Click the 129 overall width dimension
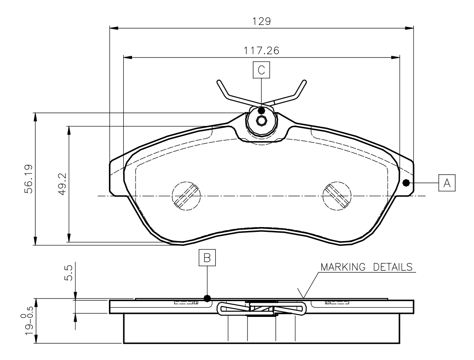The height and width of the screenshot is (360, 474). pyautogui.click(x=261, y=21)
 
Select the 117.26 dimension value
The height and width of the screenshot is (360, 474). pyautogui.click(x=261, y=50)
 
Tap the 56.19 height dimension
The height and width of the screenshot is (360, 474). pyautogui.click(x=29, y=179)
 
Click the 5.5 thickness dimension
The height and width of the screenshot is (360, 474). pyautogui.click(x=69, y=272)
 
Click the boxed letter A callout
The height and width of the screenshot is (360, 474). pyautogui.click(x=447, y=183)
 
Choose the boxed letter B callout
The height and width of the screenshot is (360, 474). pyautogui.click(x=207, y=258)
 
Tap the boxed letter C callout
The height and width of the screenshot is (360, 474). pyautogui.click(x=261, y=70)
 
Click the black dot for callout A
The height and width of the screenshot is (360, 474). pyautogui.click(x=406, y=183)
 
